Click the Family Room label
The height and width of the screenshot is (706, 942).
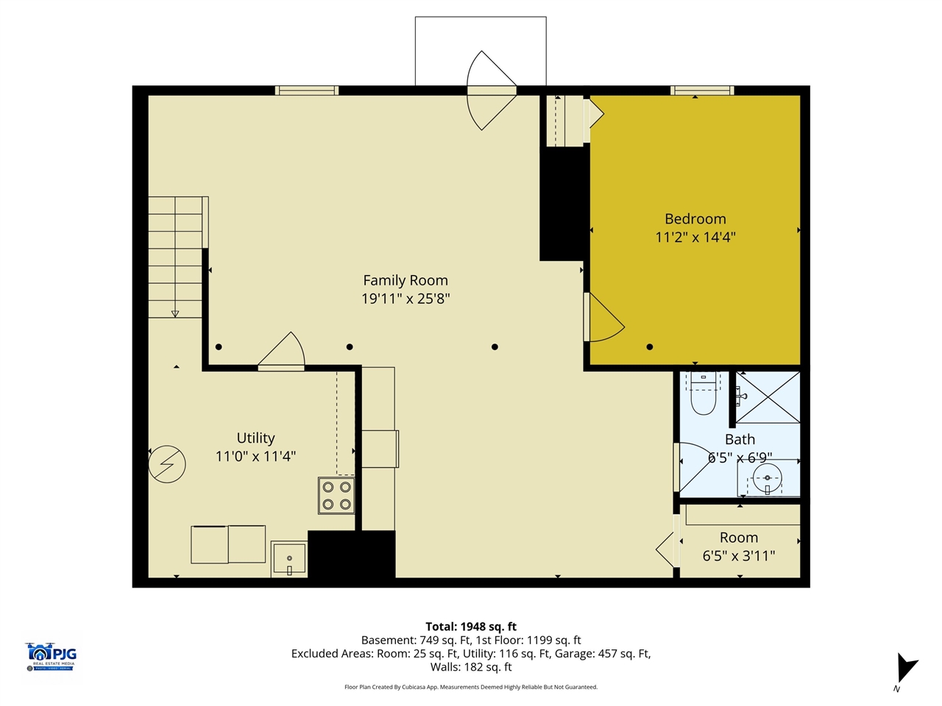[406, 280]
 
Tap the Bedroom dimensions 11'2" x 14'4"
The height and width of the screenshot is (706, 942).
[695, 237]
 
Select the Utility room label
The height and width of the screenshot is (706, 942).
[255, 438]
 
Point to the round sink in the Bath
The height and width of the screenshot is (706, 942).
[767, 479]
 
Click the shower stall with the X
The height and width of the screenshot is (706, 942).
[768, 397]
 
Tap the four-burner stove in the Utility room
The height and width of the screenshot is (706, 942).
[336, 496]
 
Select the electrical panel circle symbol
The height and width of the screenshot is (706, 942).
[167, 464]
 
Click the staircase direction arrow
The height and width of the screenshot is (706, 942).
[175, 313]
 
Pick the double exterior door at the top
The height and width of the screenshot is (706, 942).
[492, 90]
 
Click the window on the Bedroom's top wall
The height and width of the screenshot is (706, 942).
[701, 90]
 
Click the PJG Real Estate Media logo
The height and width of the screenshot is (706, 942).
[51, 656]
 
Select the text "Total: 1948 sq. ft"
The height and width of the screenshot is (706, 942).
[471, 627]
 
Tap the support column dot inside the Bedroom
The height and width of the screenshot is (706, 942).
[650, 347]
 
